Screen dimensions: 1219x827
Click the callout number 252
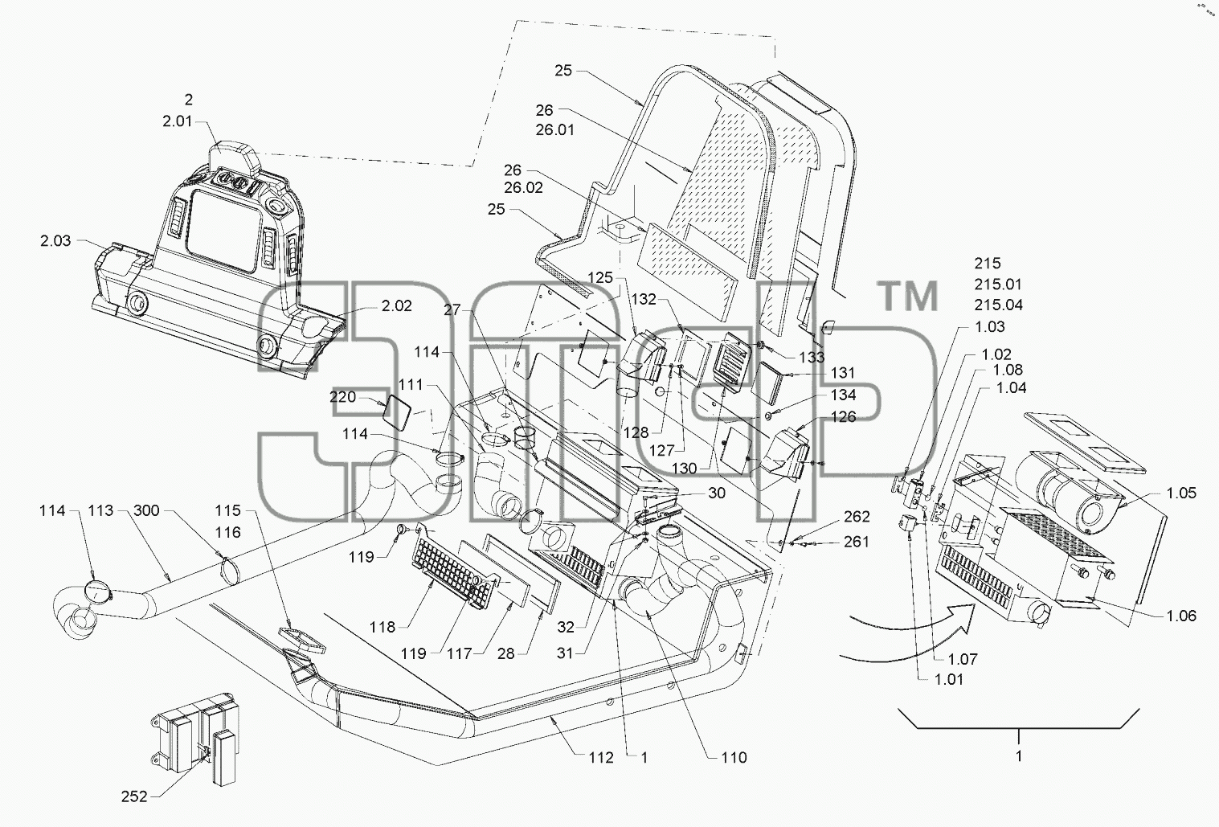point(134,796)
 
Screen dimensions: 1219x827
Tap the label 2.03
point(55,240)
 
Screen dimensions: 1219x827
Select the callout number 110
point(734,757)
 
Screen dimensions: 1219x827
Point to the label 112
point(601,757)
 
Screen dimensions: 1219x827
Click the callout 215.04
point(999,305)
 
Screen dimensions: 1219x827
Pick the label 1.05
point(1181,493)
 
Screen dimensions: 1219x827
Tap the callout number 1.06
point(1181,616)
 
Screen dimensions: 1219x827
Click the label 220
point(343,397)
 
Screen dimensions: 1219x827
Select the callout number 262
point(857,516)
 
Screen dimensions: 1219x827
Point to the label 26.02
point(523,188)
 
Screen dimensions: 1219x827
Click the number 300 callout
point(146,510)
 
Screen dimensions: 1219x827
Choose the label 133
point(812,357)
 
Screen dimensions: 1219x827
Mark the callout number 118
point(382,627)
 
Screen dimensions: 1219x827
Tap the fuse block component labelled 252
point(197,738)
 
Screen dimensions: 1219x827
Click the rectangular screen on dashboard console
point(224,231)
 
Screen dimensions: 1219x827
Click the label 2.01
point(178,121)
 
